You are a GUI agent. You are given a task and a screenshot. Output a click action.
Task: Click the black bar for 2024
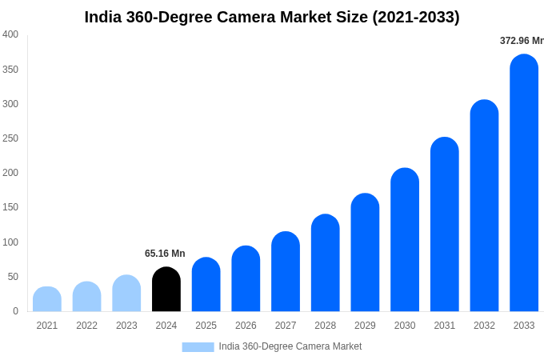tap(166, 290)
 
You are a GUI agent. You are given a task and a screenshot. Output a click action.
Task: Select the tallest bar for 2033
tap(524, 183)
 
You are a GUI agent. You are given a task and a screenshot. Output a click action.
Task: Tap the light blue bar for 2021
tap(47, 299)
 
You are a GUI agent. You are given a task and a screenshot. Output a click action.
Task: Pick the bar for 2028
tap(326, 263)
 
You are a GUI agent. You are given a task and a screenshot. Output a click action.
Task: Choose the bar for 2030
tap(405, 240)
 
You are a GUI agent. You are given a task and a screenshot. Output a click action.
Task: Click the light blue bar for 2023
tap(126, 294)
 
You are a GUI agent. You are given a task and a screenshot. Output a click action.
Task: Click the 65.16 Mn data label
tap(165, 254)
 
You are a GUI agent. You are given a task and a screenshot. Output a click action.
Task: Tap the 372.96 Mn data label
tap(522, 41)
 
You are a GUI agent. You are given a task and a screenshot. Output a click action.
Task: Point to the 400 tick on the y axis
tap(10, 34)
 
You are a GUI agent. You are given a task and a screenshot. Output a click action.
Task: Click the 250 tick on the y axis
tap(10, 138)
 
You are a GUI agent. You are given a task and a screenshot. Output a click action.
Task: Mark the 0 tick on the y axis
tap(15, 311)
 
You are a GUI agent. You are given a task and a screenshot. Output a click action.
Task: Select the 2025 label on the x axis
tap(206, 326)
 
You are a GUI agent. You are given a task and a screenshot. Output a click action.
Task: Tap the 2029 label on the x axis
tap(365, 326)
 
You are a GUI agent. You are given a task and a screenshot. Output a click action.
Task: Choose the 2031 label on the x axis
tap(445, 326)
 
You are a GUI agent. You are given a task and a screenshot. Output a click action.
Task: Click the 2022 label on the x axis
tap(86, 326)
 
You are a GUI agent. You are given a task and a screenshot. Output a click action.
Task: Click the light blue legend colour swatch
tap(198, 346)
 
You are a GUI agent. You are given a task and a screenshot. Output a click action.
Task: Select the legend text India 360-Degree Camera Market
tap(290, 346)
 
